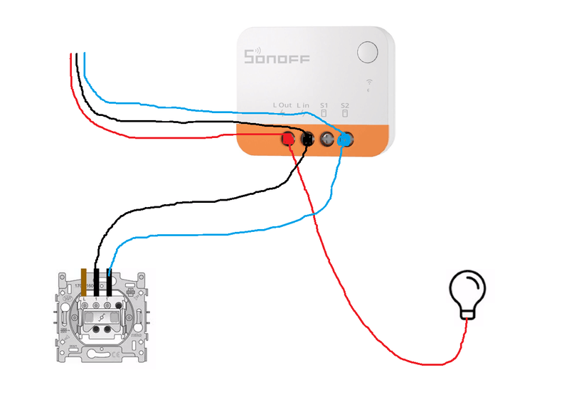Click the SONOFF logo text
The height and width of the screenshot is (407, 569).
[x=277, y=58]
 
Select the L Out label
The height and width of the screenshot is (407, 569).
[x=283, y=105]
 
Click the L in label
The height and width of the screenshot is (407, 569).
[x=304, y=105]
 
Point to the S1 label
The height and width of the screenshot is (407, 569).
[x=324, y=105]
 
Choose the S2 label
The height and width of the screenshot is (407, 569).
[x=345, y=105]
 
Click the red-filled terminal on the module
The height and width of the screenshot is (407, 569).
[x=289, y=139]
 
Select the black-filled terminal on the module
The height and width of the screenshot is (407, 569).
[x=307, y=139]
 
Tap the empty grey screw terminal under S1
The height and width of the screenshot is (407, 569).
[x=326, y=139]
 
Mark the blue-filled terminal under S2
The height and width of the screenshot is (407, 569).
[x=345, y=140]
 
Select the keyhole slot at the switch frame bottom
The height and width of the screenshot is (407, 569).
[x=101, y=354]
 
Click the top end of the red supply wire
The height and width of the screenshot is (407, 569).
[x=70, y=55]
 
